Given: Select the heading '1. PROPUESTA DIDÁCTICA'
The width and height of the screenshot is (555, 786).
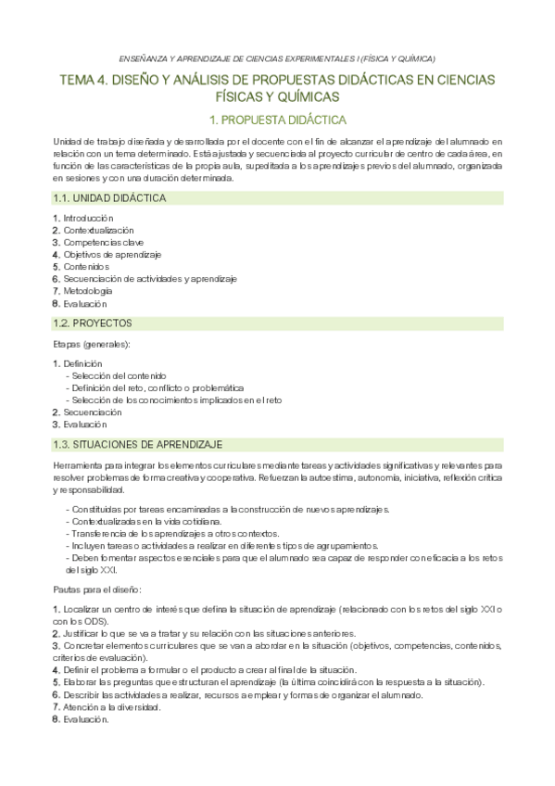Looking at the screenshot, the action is (277, 120).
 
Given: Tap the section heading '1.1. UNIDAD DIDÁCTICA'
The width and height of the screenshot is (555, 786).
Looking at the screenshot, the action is (109, 198).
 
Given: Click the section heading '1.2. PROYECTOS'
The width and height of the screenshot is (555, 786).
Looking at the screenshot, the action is (93, 323).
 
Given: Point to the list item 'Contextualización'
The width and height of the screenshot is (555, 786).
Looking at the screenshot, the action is (97, 230).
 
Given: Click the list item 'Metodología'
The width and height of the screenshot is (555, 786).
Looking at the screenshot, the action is (88, 291).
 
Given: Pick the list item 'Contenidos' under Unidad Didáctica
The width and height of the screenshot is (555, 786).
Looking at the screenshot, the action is (89, 266).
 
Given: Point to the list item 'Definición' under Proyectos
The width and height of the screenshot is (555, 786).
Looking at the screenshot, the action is (82, 363).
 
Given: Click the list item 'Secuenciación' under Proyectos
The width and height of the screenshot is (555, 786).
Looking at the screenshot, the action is (92, 412).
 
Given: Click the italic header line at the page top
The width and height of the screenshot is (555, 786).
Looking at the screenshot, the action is (277, 56).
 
